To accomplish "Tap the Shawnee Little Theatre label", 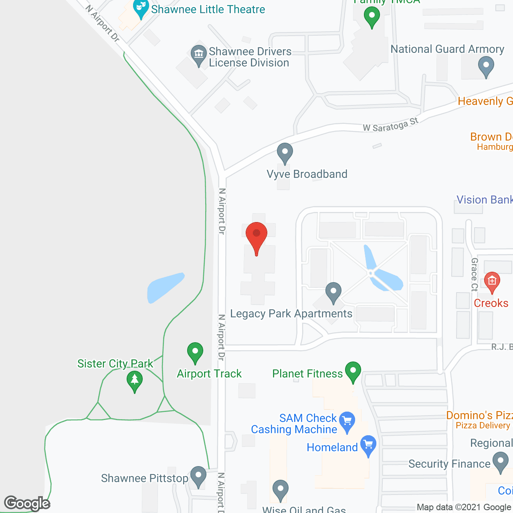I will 208,9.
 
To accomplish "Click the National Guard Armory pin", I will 486,66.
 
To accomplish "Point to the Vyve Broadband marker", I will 285,153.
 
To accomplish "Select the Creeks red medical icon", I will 492,281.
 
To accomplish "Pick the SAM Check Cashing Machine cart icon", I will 347,421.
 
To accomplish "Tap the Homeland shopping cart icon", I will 368,445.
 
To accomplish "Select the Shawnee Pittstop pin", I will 198,476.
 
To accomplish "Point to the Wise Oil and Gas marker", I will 280,490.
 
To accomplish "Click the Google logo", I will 27,503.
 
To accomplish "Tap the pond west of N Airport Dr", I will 164,286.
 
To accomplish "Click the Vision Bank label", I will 484,200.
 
